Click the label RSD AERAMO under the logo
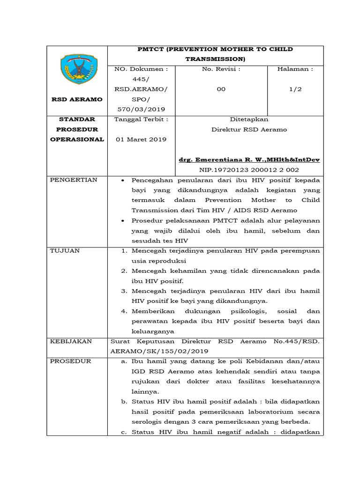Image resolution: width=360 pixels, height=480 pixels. pos(77,99)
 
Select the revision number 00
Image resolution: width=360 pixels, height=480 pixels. pos(221,89)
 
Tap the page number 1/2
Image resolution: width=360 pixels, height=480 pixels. pos(295,89)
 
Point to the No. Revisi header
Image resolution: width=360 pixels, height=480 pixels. pos(221,69)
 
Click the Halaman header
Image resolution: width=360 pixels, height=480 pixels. pos(295,69)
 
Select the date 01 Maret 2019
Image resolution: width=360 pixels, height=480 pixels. pos(141,140)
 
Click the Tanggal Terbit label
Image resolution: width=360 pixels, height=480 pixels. pos(141,119)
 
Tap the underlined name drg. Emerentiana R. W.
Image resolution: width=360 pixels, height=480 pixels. pos(249,160)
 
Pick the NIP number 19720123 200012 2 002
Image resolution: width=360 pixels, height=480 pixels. pos(249,170)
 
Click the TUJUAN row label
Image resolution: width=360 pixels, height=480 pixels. pos(65,251)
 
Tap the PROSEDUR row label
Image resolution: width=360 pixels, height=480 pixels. pos(70,361)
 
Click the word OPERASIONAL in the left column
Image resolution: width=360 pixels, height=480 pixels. pos(77,140)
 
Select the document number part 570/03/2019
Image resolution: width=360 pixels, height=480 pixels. pos(141,109)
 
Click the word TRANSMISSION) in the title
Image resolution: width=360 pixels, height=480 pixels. pos(215,59)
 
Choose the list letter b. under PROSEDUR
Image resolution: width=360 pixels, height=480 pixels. pos(124,402)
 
